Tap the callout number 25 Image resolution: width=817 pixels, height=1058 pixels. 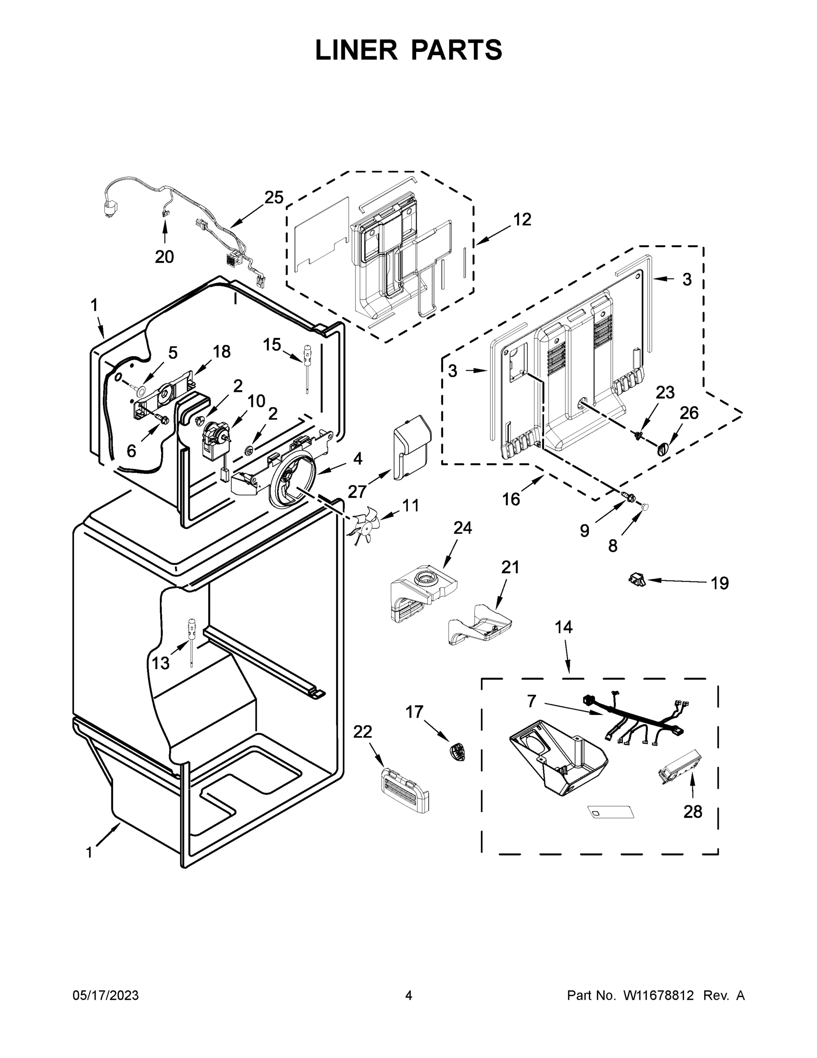point(274,197)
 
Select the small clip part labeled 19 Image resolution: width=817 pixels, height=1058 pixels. point(637,578)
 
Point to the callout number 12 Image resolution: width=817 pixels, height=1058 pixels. point(522,220)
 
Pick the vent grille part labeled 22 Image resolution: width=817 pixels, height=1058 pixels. point(406,790)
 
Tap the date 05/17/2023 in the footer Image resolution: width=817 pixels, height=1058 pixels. point(106,995)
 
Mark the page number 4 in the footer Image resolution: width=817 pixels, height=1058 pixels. point(409,995)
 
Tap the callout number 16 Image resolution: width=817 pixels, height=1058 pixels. point(510,499)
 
